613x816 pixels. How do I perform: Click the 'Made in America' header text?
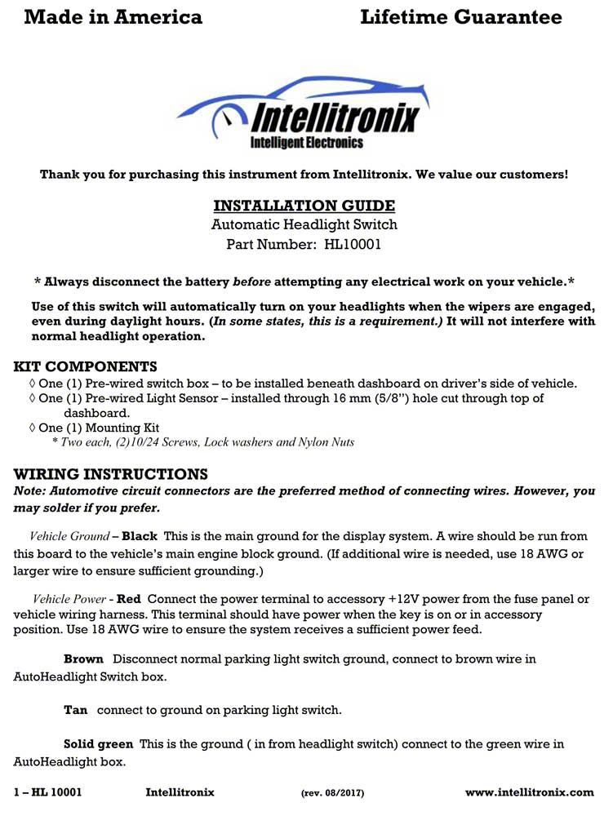coord(113,17)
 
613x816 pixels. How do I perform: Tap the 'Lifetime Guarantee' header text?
coord(460,17)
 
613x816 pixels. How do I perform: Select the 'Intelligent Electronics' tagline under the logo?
coord(306,143)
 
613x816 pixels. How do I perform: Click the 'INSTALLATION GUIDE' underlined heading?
coord(304,206)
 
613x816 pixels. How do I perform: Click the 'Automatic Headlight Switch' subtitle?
coord(304,224)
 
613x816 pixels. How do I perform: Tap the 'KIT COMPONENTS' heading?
coord(86,366)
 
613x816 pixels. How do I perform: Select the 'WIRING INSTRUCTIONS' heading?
coord(111,474)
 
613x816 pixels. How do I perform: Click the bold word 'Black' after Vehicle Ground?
coord(139,536)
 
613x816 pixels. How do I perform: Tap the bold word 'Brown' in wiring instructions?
coord(83,659)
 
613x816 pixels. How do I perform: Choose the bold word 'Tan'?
coord(75,710)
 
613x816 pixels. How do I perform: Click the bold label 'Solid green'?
coord(98,744)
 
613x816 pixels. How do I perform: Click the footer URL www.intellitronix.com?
coord(529,792)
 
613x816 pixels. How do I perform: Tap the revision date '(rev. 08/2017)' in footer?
coord(332,793)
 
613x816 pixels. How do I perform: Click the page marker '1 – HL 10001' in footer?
coord(48,792)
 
